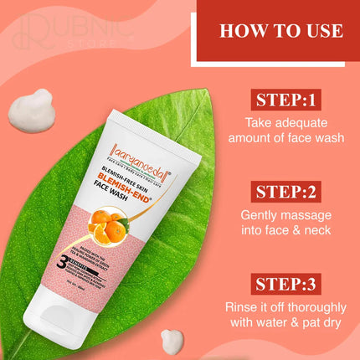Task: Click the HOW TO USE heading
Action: pos(280,31)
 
